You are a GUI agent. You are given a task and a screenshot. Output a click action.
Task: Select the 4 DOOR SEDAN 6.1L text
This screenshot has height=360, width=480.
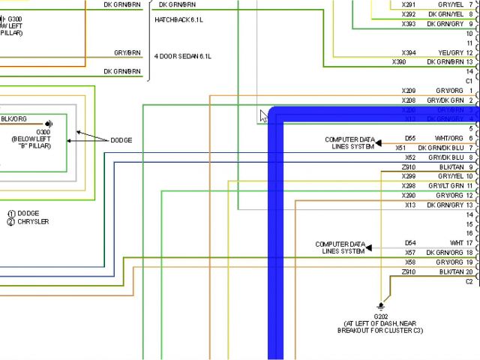183,56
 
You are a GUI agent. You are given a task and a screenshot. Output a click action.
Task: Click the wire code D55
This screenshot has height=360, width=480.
410,138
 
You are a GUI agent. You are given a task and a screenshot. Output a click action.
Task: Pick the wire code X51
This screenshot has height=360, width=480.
400,148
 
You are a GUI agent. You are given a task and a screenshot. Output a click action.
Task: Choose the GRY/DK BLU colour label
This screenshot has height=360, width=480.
445,157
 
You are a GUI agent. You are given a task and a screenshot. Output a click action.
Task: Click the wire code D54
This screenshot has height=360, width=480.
410,243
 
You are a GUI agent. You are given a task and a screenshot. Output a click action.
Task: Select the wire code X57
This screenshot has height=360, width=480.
410,253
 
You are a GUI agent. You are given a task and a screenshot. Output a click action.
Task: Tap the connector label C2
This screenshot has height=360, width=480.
469,281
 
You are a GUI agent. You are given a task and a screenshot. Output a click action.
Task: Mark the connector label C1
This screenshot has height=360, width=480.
469,80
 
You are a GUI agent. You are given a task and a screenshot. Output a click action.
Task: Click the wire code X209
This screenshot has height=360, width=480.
409,91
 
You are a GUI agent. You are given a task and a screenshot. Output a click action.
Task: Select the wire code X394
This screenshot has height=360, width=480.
409,52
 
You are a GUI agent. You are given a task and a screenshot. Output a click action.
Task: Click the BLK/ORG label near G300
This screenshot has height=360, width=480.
14,118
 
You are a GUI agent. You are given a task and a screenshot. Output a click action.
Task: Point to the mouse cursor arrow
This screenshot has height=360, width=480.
263,115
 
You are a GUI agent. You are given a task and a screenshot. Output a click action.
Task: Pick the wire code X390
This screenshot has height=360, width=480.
399,61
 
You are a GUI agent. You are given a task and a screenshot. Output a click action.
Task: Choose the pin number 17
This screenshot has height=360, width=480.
469,243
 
